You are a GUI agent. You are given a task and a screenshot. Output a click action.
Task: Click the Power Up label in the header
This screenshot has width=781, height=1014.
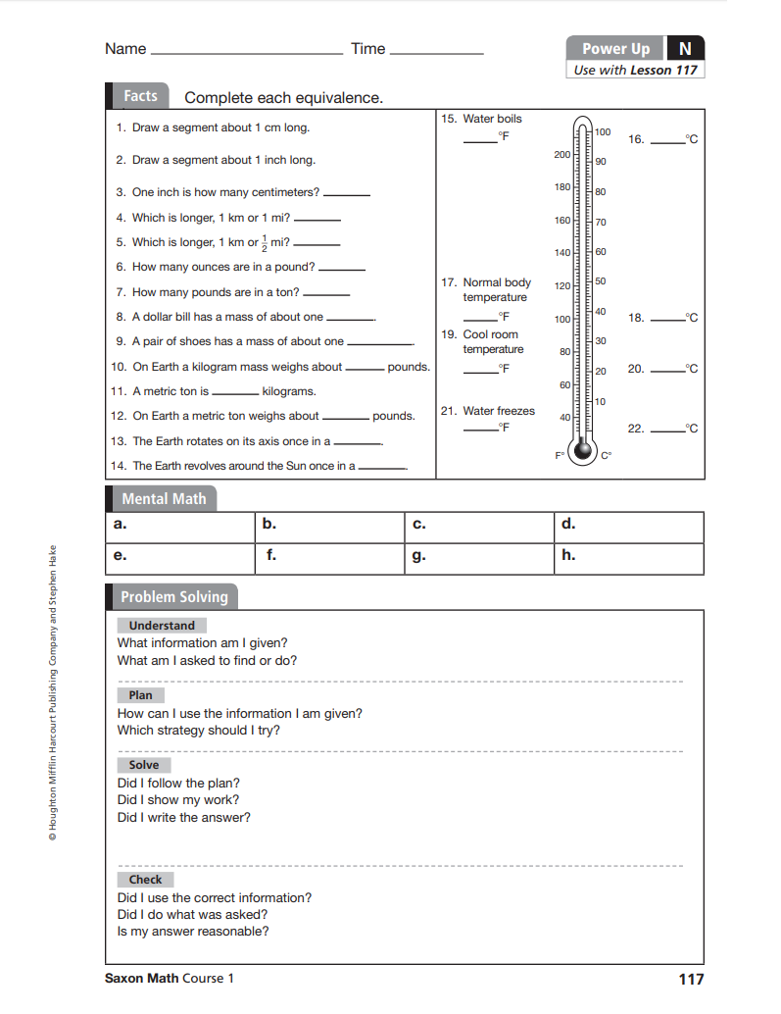(615, 48)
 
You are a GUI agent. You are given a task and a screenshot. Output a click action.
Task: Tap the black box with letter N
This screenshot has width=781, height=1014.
(685, 48)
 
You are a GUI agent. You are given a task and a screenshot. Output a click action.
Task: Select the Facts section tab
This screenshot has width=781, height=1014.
(140, 96)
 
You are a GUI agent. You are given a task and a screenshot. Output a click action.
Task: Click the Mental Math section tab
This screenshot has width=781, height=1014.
(164, 498)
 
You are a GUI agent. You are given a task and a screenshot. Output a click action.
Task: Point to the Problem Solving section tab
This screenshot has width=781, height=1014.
(173, 596)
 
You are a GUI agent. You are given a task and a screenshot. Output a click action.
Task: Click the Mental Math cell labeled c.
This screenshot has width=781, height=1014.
(478, 527)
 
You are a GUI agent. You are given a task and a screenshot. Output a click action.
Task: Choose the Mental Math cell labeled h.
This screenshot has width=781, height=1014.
(628, 558)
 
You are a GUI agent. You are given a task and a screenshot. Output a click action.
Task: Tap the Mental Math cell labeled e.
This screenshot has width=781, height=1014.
(179, 558)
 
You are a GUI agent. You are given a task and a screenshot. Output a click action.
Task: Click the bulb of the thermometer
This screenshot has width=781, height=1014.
(584, 450)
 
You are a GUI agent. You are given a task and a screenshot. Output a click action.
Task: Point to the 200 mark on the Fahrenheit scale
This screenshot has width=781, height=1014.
(561, 155)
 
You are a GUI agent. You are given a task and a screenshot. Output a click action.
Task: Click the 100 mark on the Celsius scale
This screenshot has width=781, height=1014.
(603, 131)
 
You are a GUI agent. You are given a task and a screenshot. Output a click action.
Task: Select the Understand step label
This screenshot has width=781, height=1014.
(162, 626)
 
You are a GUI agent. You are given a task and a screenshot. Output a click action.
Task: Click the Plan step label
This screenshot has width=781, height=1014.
(141, 695)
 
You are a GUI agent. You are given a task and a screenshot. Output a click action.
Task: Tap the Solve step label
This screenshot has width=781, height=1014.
(144, 765)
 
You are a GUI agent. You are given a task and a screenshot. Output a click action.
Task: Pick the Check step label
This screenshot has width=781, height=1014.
(146, 880)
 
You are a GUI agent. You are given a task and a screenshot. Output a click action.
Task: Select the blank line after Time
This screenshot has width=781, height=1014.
(437, 52)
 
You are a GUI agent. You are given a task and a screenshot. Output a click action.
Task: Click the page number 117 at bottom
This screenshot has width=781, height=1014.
(691, 979)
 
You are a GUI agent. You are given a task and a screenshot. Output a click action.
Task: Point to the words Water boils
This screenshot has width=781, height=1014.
(492, 119)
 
